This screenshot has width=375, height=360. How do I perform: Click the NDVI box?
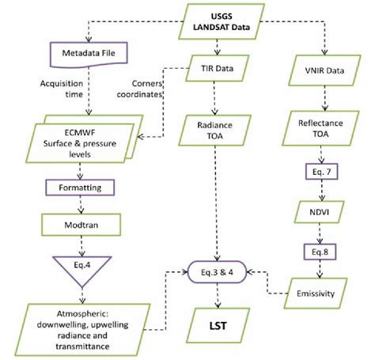[x=322, y=213]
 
